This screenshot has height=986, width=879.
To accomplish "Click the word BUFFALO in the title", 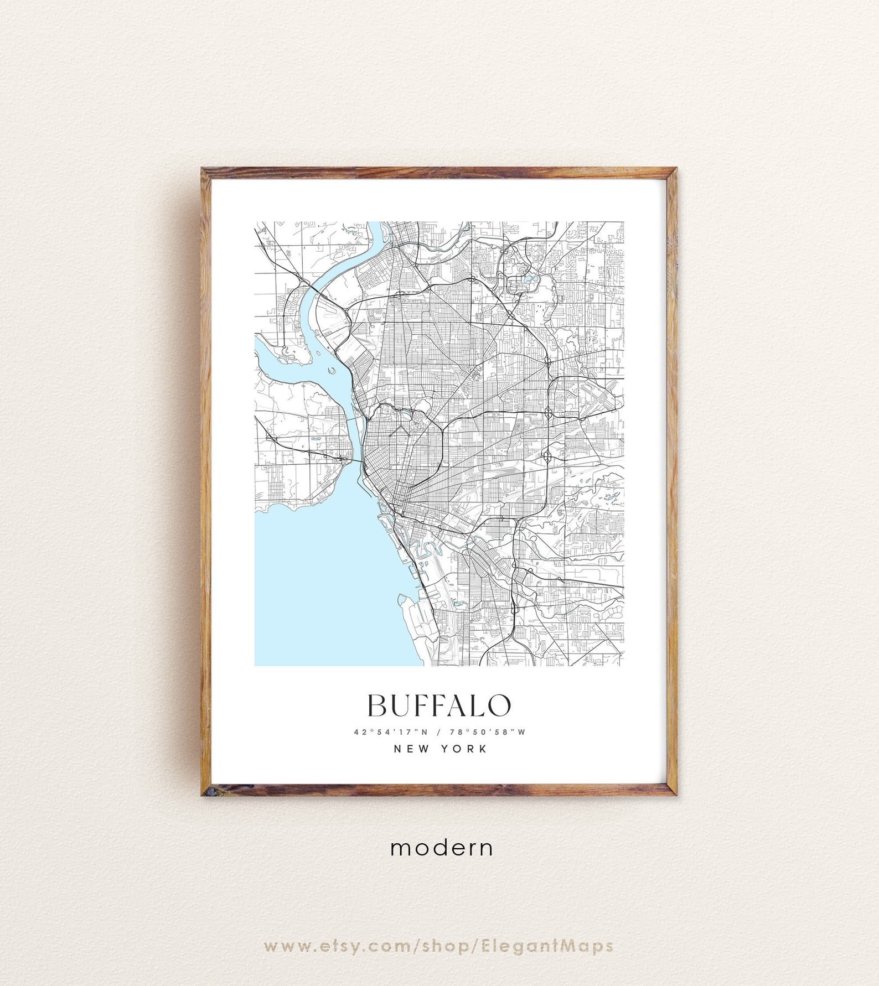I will click(439, 705).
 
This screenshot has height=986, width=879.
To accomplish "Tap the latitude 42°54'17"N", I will click(391, 732).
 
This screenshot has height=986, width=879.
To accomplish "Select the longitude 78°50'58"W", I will click(487, 732).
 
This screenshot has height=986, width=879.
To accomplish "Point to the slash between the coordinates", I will click(438, 732).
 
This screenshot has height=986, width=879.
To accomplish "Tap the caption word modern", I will click(441, 848).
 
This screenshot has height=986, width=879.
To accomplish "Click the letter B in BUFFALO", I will click(378, 705).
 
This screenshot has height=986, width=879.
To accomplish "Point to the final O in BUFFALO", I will click(499, 705).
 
